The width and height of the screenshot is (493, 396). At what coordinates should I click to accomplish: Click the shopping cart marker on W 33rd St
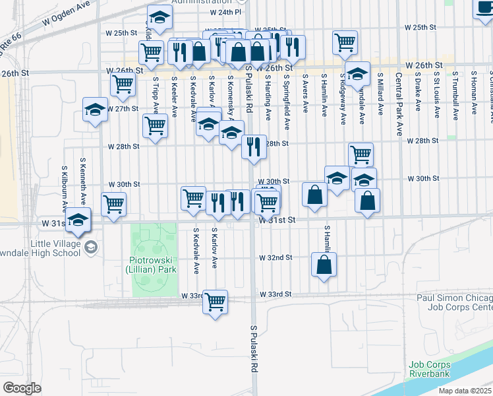pos(215,302)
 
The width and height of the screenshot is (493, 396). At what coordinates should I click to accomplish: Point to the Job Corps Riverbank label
pos(430,368)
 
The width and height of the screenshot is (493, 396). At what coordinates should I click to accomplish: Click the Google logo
pos(22,388)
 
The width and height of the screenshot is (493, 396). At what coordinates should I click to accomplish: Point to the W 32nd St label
pos(275,257)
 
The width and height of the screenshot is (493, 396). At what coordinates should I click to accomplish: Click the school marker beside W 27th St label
pos(95,110)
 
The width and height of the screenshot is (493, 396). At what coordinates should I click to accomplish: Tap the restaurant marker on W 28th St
pos(254,147)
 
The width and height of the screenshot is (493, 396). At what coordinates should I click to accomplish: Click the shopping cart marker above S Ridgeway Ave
pos(345,42)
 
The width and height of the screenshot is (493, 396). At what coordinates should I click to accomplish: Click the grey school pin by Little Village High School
pos(91,247)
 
